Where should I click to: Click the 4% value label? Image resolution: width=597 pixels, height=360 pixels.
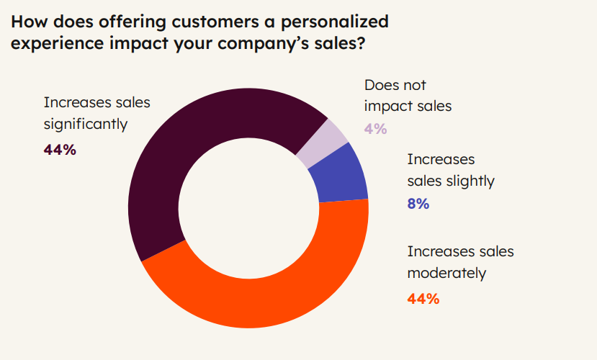click(375, 129)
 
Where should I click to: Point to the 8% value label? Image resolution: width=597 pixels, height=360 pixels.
click(418, 204)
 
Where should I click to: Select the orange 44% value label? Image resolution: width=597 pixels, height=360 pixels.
click(423, 298)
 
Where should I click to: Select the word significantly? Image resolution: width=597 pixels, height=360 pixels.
click(86, 124)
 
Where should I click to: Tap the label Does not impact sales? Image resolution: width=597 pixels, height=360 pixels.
click(408, 95)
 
